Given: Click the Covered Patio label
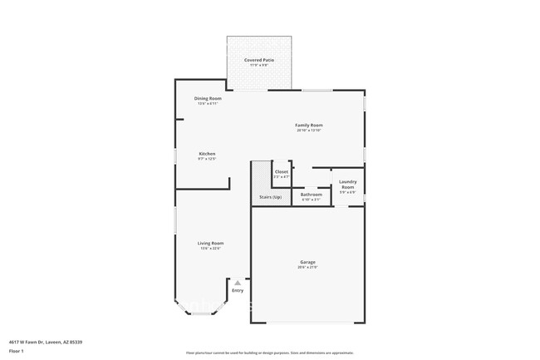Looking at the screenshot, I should tap(259, 60).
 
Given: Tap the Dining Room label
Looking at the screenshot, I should tap(207, 98).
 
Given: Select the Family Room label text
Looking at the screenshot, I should tap(308, 125).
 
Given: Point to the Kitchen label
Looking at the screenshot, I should tap(207, 153).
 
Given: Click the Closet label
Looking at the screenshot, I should tap(282, 171).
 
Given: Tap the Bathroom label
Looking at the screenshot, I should tap(311, 195).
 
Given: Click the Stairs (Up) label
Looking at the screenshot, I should tap(270, 197).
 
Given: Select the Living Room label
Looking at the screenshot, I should tap(210, 243).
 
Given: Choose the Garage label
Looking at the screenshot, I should tap(307, 262).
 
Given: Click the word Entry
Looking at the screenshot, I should tap(238, 290).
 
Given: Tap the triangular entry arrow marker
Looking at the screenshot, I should tap(238, 283).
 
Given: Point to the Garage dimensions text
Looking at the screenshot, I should tap(307, 267).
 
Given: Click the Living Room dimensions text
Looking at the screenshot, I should tap(210, 248).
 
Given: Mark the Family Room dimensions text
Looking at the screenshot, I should tap(308, 131).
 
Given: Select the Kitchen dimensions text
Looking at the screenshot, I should tap(207, 159).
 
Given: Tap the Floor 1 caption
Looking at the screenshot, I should tap(17, 351).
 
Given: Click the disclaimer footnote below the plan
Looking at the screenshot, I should tap(270, 353).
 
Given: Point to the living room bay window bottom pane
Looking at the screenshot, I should tap(201, 313).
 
